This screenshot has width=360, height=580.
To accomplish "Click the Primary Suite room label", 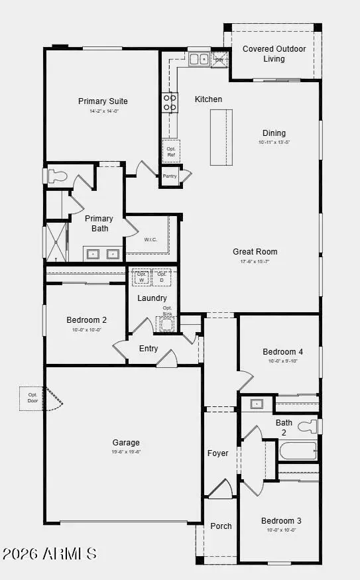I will coord(103,101).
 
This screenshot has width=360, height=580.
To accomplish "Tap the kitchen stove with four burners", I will coord(170,102).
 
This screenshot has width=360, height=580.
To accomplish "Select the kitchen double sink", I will coord(198,60).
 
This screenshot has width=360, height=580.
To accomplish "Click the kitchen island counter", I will coord(222,137).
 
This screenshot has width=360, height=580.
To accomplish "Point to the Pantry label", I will coord(170,176).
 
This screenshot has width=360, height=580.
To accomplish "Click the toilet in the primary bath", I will coord(58,176).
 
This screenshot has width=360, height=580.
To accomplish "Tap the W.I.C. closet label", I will coord(150,239).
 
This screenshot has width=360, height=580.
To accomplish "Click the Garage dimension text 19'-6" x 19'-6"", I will coord(126,451).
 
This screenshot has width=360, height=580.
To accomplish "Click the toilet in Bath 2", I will coord(308,426).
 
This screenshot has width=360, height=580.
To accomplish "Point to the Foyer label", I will coord(217,453).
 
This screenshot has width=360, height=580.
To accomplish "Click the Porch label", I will coord(221,526).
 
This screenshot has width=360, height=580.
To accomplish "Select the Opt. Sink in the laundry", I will coord(167,323).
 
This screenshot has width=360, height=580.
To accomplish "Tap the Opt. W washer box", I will coord(141,276).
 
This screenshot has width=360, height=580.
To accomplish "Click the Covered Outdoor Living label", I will coord(274,54).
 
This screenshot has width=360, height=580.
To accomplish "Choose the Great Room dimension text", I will coord(255,261).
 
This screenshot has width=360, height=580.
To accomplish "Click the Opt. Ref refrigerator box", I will coord(171,151).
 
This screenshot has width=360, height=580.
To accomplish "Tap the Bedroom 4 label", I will coord(282,351).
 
